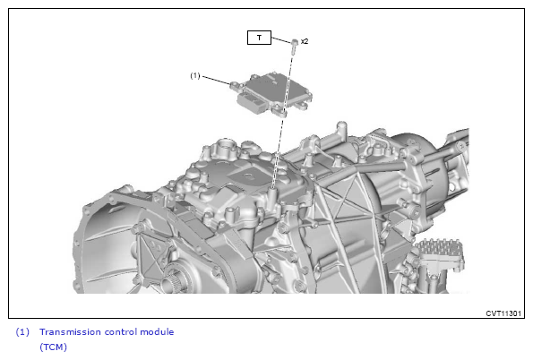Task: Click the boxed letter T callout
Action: coord(259,38)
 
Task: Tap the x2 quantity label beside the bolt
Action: coord(305,41)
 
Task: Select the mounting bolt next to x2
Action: coord(295,46)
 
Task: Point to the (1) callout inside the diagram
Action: coord(195,75)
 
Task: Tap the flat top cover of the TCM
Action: coord(276,88)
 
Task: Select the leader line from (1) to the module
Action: coord(216,80)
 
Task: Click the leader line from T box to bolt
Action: coord(281,39)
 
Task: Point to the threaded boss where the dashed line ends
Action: coord(273,192)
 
